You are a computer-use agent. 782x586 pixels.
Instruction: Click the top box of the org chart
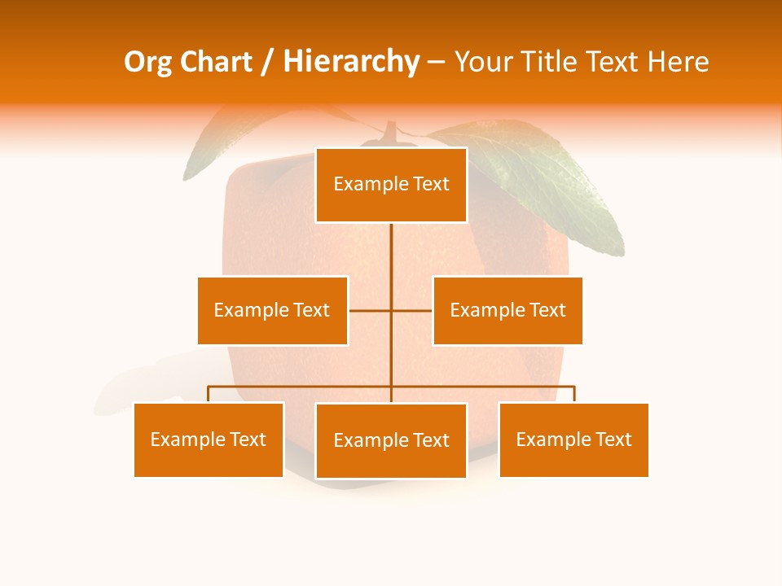click(x=391, y=185)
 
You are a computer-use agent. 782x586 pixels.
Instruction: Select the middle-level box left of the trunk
click(x=272, y=310)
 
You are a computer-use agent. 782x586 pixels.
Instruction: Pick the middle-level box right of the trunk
click(x=507, y=310)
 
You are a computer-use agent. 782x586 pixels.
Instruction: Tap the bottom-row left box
click(x=209, y=439)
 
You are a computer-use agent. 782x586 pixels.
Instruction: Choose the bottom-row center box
click(x=391, y=440)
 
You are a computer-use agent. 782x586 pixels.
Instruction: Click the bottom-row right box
click(x=573, y=439)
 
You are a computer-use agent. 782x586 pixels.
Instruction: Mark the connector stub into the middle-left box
click(x=369, y=310)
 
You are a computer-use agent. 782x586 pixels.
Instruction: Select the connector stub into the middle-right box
click(x=412, y=310)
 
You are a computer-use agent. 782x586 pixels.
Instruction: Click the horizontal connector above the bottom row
click(x=301, y=387)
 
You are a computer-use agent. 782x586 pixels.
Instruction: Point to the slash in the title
click(x=266, y=62)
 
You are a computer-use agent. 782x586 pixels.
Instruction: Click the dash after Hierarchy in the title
click(x=436, y=62)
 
